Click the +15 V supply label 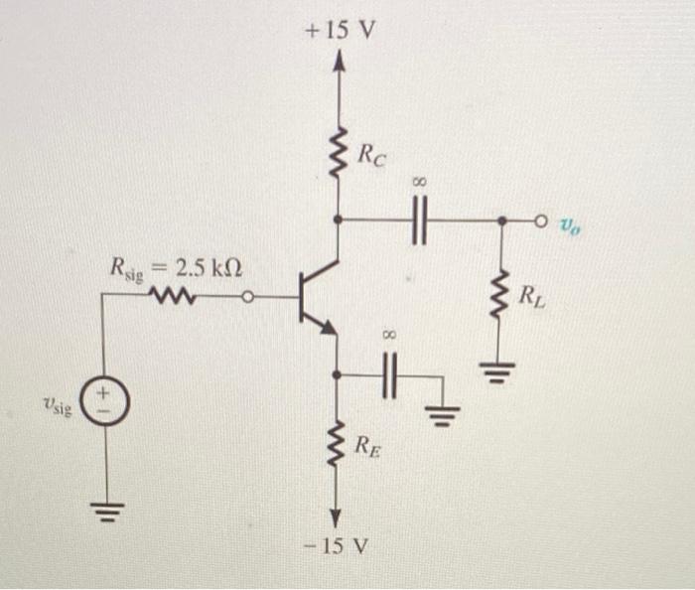[341, 30]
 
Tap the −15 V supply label [340, 547]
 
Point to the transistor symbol [318, 296]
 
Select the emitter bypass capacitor [390, 375]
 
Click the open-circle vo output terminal [542, 220]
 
